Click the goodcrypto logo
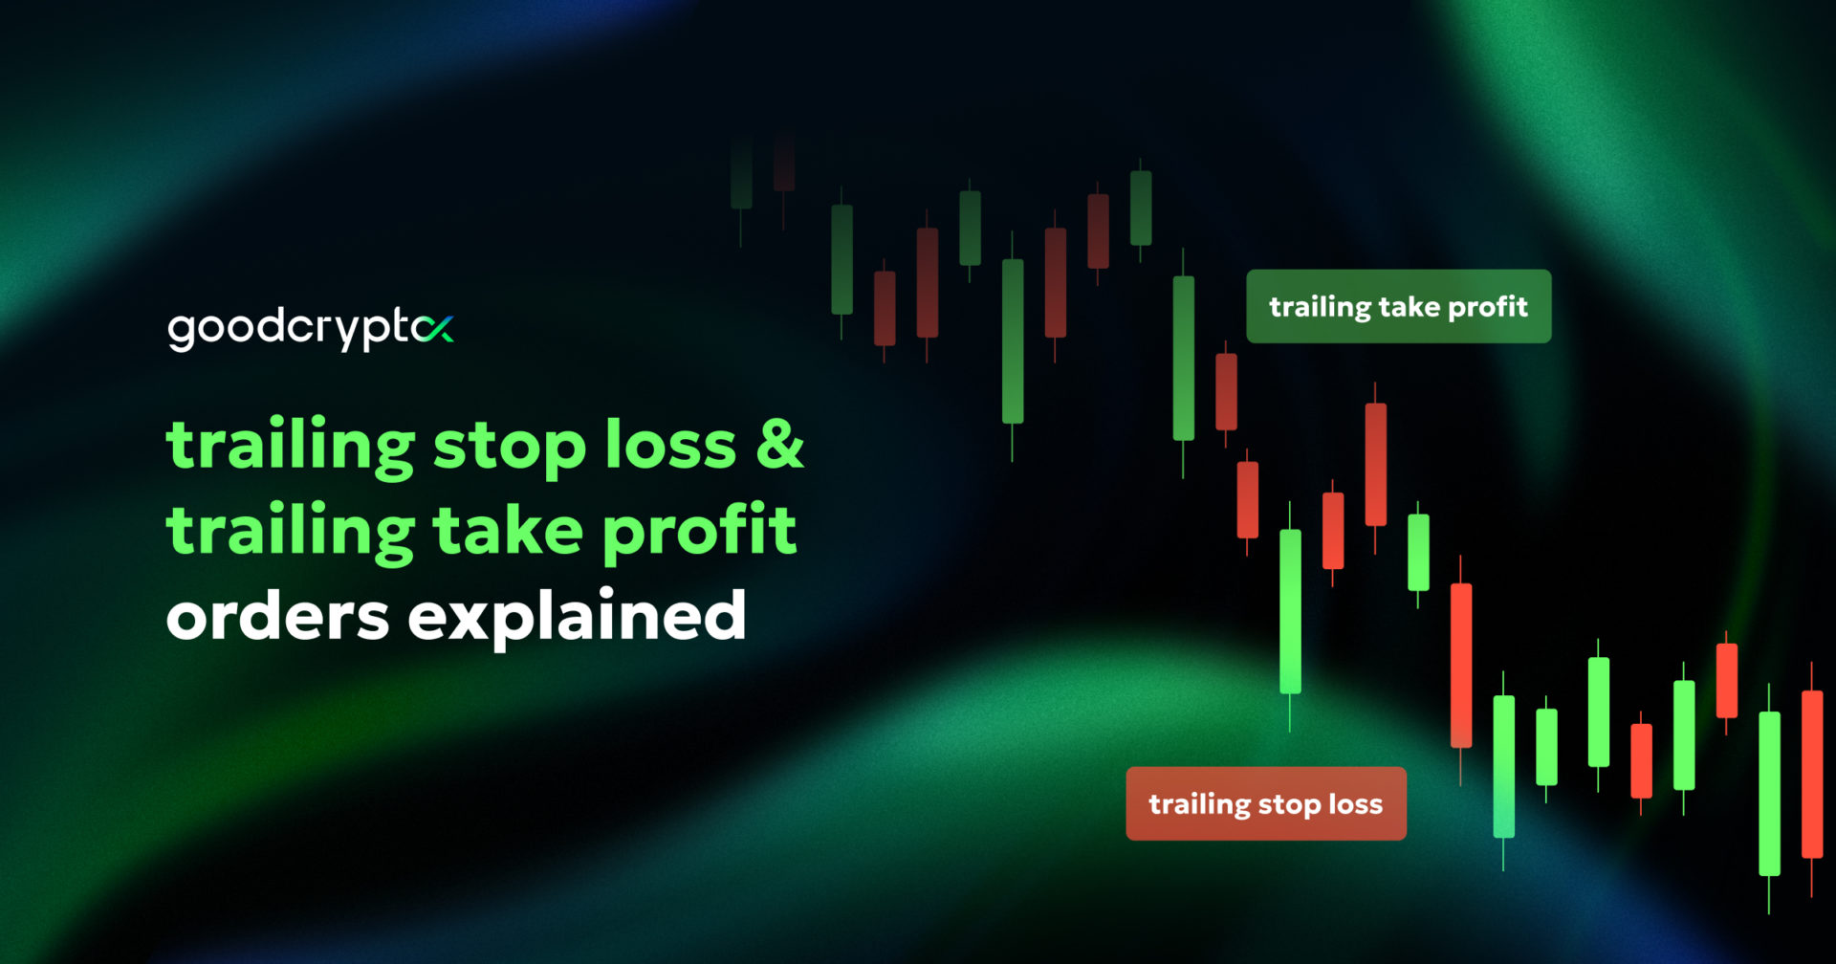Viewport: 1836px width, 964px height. (x=311, y=329)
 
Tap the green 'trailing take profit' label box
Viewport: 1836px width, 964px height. (x=1398, y=306)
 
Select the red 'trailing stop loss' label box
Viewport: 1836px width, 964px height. (x=1266, y=803)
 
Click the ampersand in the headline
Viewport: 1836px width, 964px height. (x=780, y=445)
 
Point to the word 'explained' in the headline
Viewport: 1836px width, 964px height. (x=578, y=614)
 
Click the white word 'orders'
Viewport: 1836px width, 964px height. (x=277, y=616)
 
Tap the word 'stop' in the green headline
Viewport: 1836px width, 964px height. (x=510, y=448)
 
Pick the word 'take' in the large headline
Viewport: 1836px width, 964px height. (x=508, y=530)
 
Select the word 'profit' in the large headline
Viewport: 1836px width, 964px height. (x=700, y=532)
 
